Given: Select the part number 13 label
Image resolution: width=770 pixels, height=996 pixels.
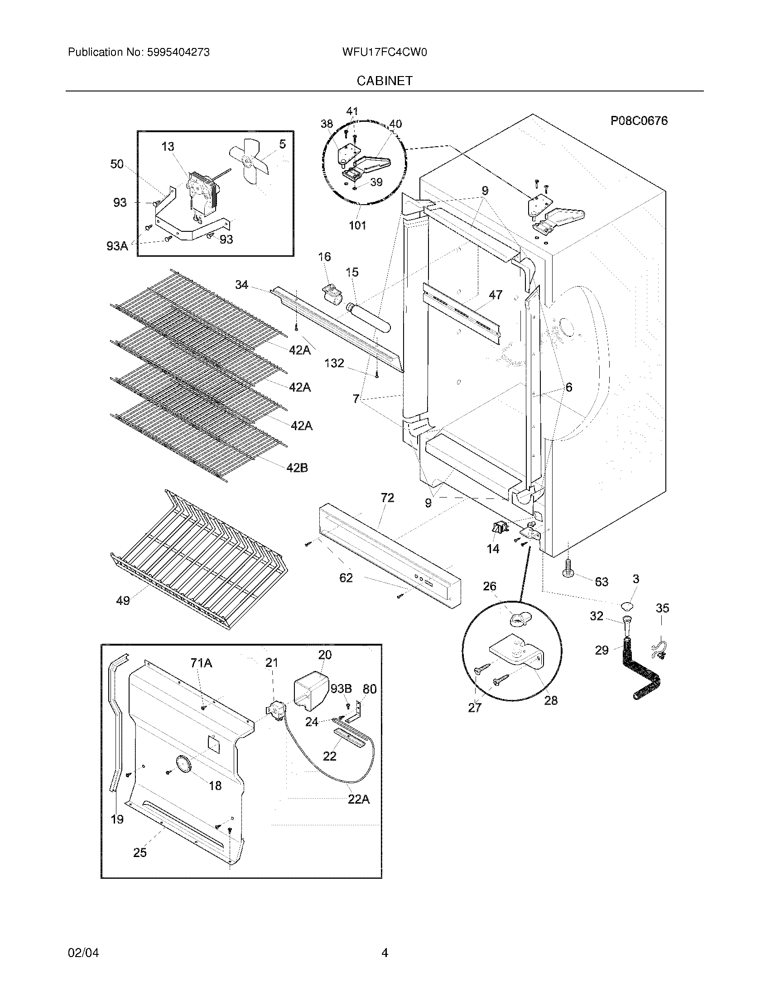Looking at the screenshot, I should (168, 146).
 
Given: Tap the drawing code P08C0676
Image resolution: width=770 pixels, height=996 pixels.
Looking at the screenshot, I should (639, 120).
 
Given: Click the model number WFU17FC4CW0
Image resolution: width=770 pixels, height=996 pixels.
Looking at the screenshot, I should (384, 53).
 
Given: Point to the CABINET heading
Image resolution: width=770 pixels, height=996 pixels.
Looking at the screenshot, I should (385, 81).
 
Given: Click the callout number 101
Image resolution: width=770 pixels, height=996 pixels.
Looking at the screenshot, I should (358, 225).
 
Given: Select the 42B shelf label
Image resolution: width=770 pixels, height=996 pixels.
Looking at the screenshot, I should (298, 468).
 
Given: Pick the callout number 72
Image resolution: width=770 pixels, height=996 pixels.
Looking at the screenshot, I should (387, 498).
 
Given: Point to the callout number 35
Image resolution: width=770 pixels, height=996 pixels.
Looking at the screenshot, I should (662, 608).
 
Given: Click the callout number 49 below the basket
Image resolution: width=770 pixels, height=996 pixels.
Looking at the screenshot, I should (123, 601).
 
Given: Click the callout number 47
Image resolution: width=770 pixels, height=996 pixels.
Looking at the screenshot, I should (496, 295).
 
